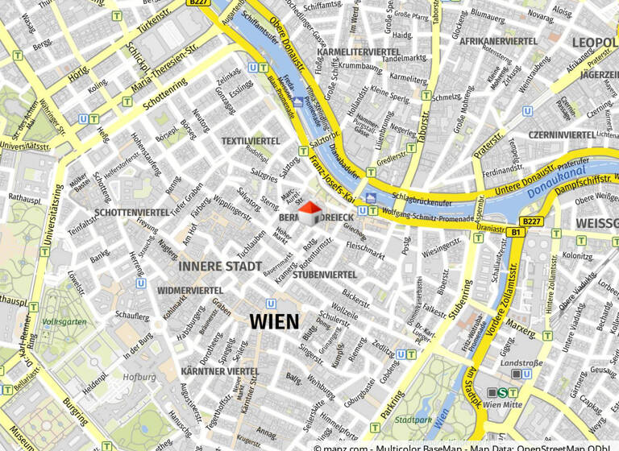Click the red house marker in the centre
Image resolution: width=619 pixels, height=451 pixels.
[309, 214]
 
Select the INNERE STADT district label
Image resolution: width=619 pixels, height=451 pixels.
[220, 266]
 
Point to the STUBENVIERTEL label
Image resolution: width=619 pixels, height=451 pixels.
[324, 275]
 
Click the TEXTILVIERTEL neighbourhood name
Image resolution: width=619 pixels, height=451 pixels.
[251, 141]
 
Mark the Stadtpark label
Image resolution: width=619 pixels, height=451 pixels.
[414, 420]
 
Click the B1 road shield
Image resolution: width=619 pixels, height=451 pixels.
[516, 233]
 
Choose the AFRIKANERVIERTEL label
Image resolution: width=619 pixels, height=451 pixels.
[498, 40]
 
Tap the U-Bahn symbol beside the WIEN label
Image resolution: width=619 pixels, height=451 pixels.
[271, 304]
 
